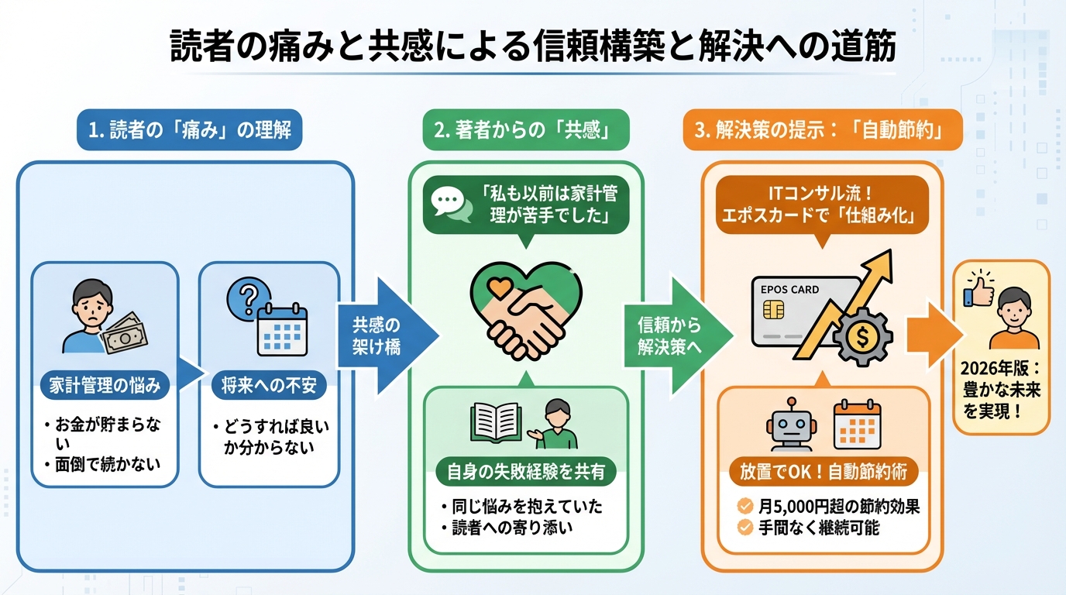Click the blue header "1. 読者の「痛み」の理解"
point(190,129)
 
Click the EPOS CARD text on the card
point(789,290)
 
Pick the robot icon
point(789,425)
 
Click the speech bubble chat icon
point(452,203)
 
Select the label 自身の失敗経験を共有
point(526,470)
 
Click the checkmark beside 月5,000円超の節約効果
point(744,507)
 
